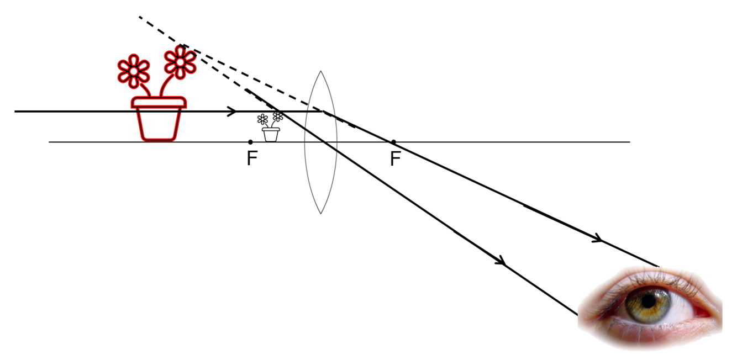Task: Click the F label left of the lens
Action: click(252, 159)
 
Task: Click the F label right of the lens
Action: click(394, 159)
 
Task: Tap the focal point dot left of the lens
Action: click(251, 142)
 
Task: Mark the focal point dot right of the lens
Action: click(393, 142)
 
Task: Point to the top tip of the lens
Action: click(320, 71)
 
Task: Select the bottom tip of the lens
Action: click(320, 213)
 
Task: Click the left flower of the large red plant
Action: click(134, 70)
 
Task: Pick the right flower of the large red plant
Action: click(180, 61)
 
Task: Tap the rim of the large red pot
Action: click(159, 102)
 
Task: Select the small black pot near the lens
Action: click(271, 134)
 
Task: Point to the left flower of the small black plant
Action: click(263, 119)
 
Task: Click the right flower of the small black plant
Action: click(278, 116)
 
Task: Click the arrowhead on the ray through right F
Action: click(597, 240)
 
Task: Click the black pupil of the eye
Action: click(648, 301)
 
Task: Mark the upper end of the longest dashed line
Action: click(139, 17)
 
